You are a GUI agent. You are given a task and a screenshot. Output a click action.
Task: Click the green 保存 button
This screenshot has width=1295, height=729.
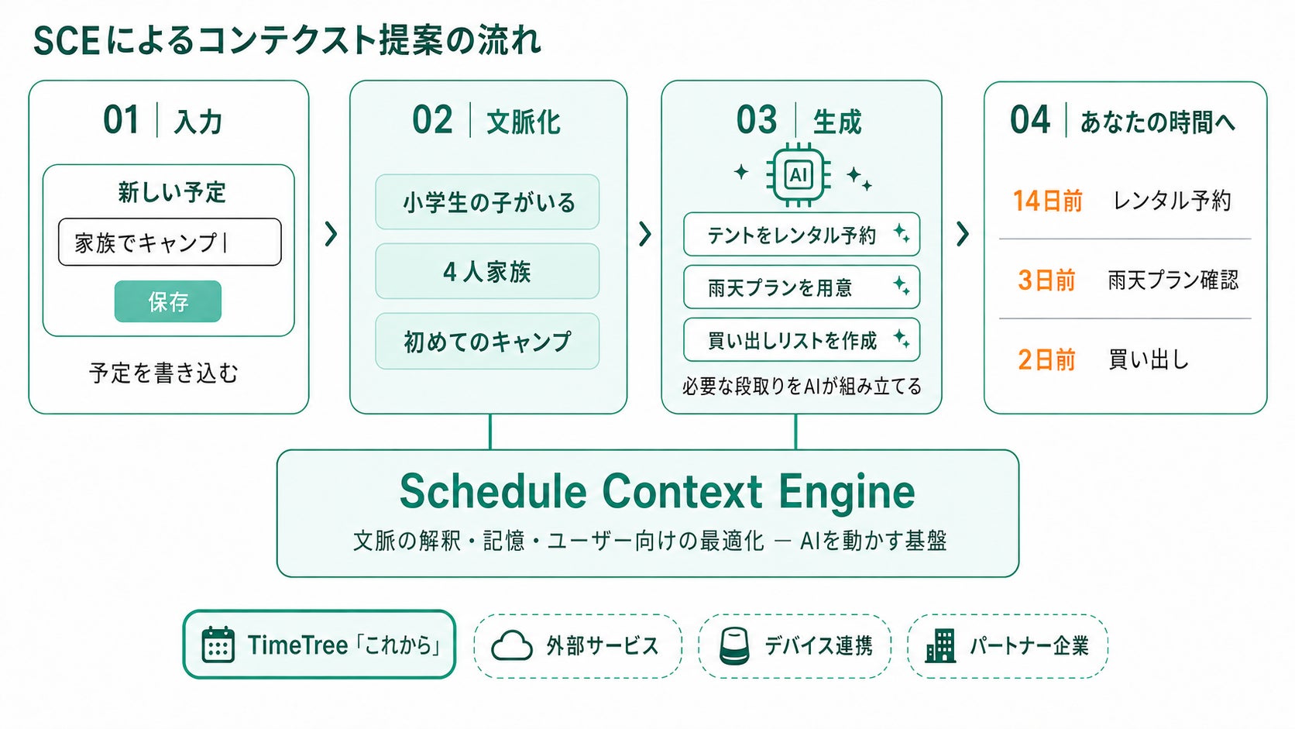click(167, 301)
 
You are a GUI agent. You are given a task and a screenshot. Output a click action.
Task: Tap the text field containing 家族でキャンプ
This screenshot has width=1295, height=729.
click(170, 242)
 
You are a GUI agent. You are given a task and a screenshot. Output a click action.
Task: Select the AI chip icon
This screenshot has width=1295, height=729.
click(799, 174)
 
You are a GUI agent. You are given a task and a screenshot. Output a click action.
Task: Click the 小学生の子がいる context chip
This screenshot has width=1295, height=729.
click(487, 202)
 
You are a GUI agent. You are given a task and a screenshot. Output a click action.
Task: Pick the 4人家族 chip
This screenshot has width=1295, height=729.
click(487, 271)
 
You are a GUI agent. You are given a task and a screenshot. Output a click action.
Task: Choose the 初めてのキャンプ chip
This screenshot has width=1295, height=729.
click(487, 341)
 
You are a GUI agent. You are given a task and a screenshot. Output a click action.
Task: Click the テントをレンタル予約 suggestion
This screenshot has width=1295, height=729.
click(802, 234)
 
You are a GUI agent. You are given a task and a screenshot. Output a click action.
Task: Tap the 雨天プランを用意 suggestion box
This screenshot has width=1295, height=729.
click(802, 287)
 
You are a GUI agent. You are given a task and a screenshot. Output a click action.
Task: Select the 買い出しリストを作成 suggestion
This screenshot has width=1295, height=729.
click(802, 339)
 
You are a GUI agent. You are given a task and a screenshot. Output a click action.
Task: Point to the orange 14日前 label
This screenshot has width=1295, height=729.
click(1048, 201)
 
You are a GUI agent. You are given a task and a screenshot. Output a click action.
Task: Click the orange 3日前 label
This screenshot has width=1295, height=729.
click(1046, 280)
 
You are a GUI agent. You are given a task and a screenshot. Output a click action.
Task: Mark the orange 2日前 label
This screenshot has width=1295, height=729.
click(1046, 359)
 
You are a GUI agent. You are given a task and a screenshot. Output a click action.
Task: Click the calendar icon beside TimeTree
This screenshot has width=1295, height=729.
click(218, 644)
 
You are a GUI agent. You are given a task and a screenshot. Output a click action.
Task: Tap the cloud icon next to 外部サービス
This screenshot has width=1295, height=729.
click(512, 646)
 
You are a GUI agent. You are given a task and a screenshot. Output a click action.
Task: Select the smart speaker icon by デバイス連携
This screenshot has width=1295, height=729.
click(734, 646)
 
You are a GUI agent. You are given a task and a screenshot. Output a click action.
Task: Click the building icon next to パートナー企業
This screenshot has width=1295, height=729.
click(940, 646)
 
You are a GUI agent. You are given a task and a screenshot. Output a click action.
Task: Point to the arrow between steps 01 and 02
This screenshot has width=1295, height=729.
click(331, 233)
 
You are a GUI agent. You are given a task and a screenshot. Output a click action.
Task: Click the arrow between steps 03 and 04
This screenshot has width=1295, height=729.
click(962, 233)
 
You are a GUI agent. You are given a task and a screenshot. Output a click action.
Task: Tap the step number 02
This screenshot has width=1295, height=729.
click(432, 119)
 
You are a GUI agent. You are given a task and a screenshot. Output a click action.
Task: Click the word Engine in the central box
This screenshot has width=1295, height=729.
click(847, 492)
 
